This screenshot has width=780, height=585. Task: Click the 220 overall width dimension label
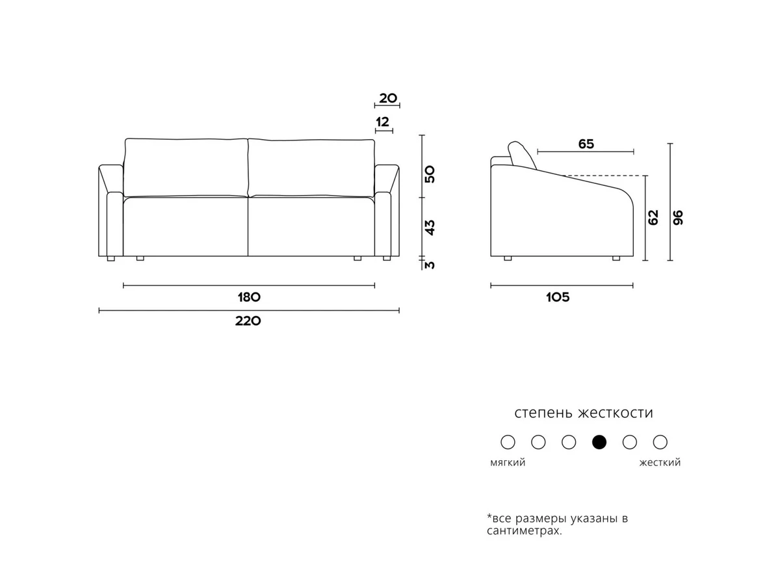pyautogui.click(x=248, y=321)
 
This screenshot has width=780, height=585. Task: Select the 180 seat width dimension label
pyautogui.click(x=249, y=297)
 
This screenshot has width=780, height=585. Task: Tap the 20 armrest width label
pyautogui.click(x=387, y=98)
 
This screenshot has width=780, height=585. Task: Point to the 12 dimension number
pyautogui.click(x=382, y=122)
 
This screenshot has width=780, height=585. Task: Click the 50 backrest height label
pyautogui.click(x=430, y=174)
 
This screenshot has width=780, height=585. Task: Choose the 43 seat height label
pyautogui.click(x=430, y=227)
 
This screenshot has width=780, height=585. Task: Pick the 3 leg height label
pyautogui.click(x=430, y=265)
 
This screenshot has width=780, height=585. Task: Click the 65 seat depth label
pyautogui.click(x=586, y=144)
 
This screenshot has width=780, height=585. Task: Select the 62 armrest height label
pyautogui.click(x=653, y=217)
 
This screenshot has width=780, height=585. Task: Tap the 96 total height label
pyautogui.click(x=678, y=217)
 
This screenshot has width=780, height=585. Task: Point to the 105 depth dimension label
pyautogui.click(x=558, y=297)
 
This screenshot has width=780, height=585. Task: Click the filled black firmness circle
pyautogui.click(x=599, y=442)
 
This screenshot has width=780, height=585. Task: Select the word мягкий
pyautogui.click(x=508, y=463)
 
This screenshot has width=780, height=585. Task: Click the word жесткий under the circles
pyautogui.click(x=660, y=462)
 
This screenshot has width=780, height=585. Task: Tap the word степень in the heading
pyautogui.click(x=543, y=413)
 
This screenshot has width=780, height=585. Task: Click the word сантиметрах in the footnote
pyautogui.click(x=525, y=531)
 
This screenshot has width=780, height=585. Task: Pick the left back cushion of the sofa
pyautogui.click(x=185, y=167)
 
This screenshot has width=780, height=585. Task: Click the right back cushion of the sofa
pyautogui.click(x=311, y=168)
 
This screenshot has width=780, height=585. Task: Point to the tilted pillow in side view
pyautogui.click(x=522, y=155)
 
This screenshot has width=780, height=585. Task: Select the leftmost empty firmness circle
pyautogui.click(x=508, y=442)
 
